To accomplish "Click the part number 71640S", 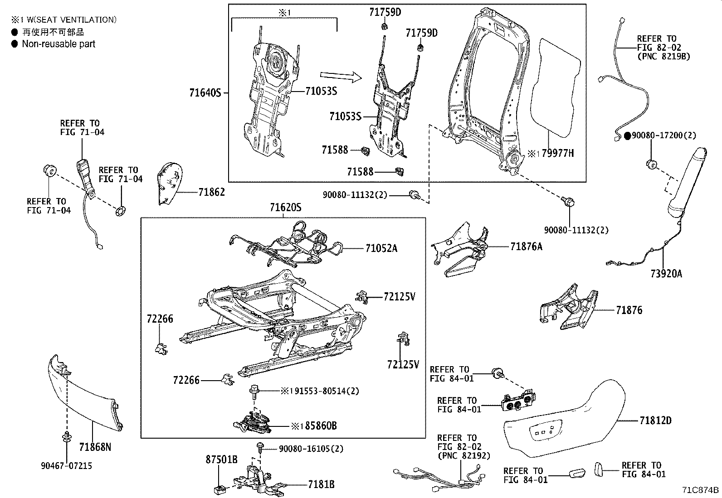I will [205, 93].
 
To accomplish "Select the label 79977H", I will [558, 154].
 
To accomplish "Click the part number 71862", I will [211, 193].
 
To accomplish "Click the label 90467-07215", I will [67, 466].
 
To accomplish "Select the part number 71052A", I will [381, 248].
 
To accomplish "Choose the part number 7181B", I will [321, 484].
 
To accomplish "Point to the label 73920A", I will [666, 273].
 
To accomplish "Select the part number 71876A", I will [526, 247].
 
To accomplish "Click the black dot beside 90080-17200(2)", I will [628, 135].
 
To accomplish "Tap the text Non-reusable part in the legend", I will [59, 44].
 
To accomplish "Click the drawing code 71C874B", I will [701, 490].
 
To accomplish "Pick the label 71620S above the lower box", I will [285, 208].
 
